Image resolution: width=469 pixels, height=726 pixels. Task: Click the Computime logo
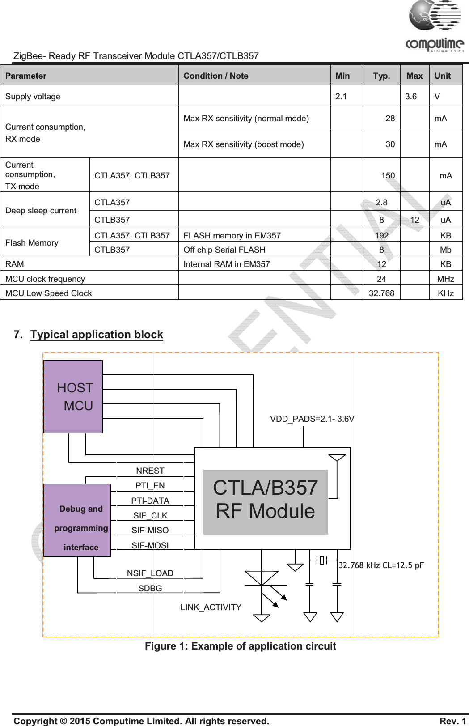(x=435, y=26)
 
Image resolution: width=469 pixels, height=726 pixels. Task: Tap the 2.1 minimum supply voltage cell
(x=341, y=96)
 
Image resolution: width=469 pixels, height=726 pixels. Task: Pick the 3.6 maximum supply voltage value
(x=410, y=96)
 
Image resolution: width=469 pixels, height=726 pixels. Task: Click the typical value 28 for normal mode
(x=390, y=118)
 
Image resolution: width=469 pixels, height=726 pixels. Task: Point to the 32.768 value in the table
(x=381, y=293)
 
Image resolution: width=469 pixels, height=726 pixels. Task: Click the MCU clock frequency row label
(x=45, y=279)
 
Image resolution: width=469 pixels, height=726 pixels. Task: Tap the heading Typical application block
(x=97, y=335)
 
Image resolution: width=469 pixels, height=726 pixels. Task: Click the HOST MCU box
(x=73, y=397)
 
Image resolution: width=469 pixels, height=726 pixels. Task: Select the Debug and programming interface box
(x=77, y=520)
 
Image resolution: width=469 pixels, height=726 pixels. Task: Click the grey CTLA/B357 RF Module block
(x=266, y=501)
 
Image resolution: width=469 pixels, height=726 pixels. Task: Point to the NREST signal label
(x=150, y=471)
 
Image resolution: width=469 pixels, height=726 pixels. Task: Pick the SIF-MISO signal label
(x=150, y=530)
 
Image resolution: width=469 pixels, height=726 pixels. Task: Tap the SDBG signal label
(x=150, y=588)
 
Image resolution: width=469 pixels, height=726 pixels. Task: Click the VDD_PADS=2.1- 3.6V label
(x=312, y=419)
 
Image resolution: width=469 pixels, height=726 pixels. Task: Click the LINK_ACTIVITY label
(x=211, y=607)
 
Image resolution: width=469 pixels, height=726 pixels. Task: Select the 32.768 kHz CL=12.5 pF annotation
(x=381, y=565)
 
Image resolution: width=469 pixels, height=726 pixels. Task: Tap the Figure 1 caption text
(x=240, y=646)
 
